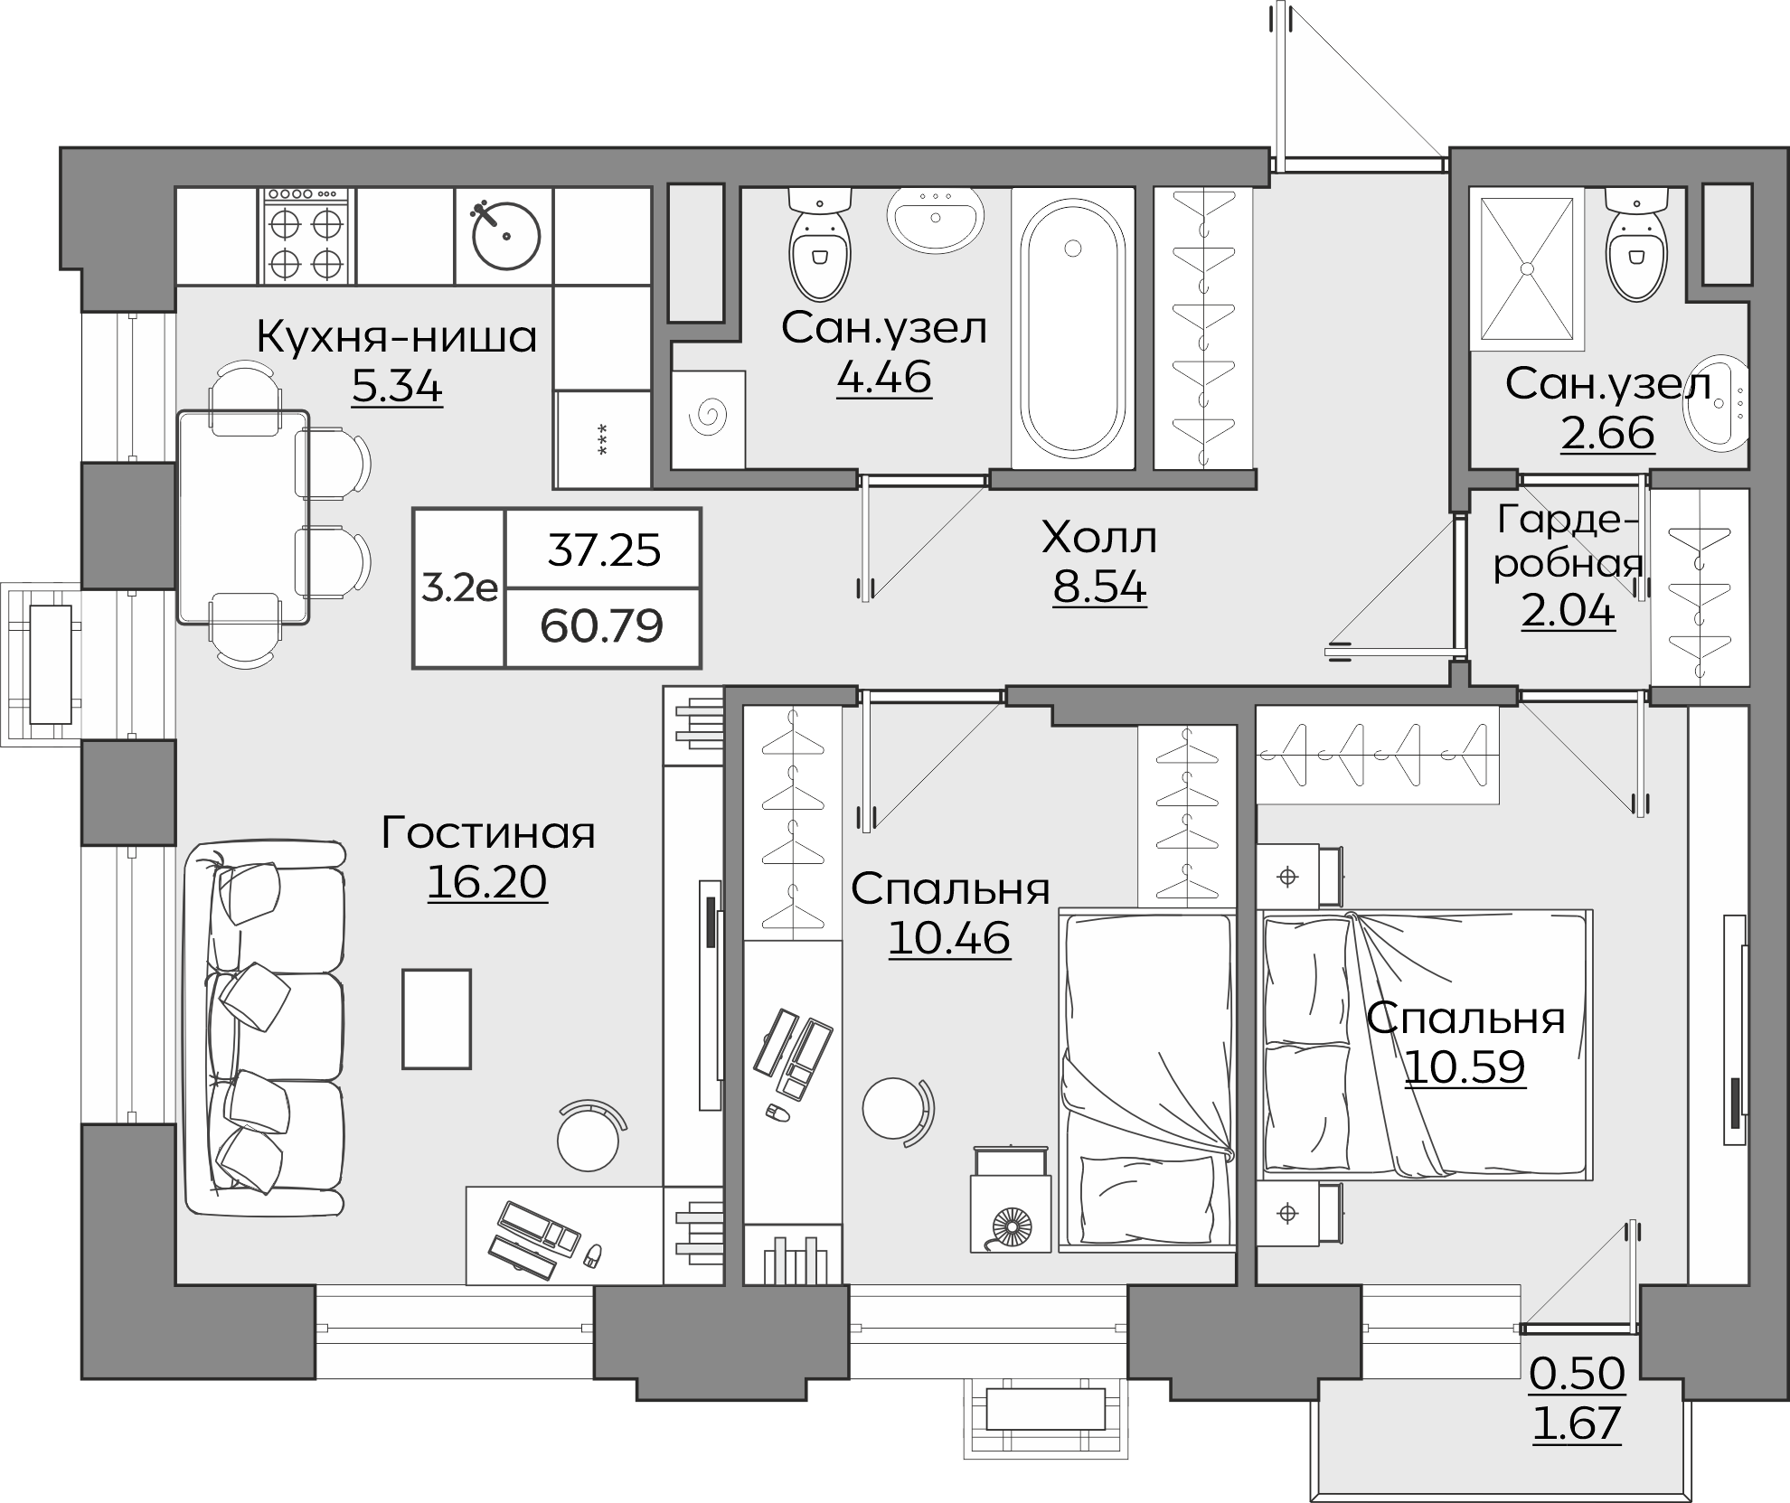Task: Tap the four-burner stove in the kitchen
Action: click(307, 236)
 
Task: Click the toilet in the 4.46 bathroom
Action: click(820, 243)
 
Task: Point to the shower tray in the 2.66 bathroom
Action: click(1527, 268)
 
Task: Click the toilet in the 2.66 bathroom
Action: click(1636, 243)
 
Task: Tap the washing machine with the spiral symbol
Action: click(709, 419)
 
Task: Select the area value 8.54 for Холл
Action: click(1099, 587)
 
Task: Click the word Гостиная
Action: click(488, 832)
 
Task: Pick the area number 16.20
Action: click(487, 882)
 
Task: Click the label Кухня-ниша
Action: click(397, 336)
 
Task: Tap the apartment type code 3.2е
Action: click(459, 588)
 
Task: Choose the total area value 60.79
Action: click(602, 625)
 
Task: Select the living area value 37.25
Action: click(604, 550)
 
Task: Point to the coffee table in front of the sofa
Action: click(437, 1019)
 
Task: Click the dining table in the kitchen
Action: click(243, 517)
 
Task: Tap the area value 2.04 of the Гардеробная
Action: click(1568, 612)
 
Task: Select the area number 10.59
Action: click(1465, 1067)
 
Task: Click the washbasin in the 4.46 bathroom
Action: click(936, 218)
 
